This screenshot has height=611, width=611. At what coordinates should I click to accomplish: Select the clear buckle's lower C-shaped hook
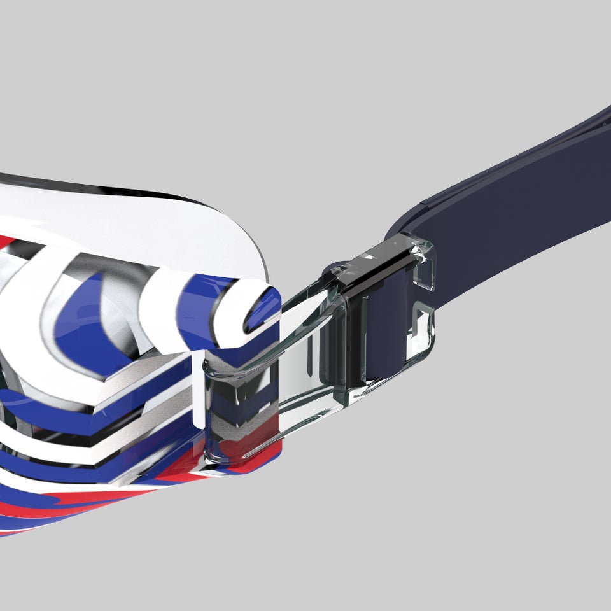click(420, 331)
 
